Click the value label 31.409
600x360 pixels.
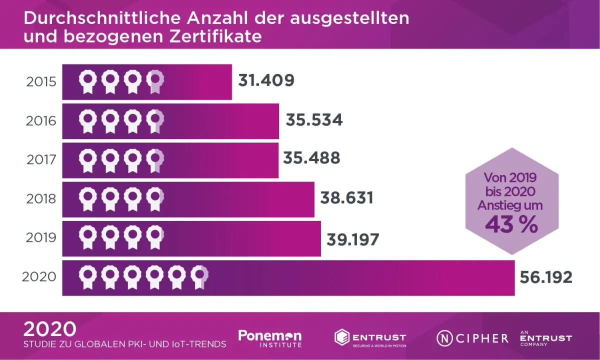click(x=266, y=80)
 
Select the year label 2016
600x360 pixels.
click(x=41, y=121)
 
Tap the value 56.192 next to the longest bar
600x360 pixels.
click(x=546, y=277)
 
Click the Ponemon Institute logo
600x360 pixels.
click(x=270, y=338)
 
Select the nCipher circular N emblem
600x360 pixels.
click(x=444, y=338)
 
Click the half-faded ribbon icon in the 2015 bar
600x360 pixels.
click(x=155, y=81)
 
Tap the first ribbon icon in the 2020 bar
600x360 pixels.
click(x=88, y=276)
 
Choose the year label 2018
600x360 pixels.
click(x=41, y=199)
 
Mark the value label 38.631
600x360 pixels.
click(x=346, y=198)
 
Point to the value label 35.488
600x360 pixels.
click(x=311, y=158)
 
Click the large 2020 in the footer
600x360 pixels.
click(x=50, y=329)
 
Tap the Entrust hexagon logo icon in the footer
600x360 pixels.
click(x=342, y=337)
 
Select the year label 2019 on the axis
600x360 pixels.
click(x=41, y=238)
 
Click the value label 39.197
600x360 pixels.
click(x=352, y=239)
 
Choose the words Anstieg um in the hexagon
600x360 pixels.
click(x=510, y=205)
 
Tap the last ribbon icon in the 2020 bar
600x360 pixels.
click(x=199, y=276)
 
